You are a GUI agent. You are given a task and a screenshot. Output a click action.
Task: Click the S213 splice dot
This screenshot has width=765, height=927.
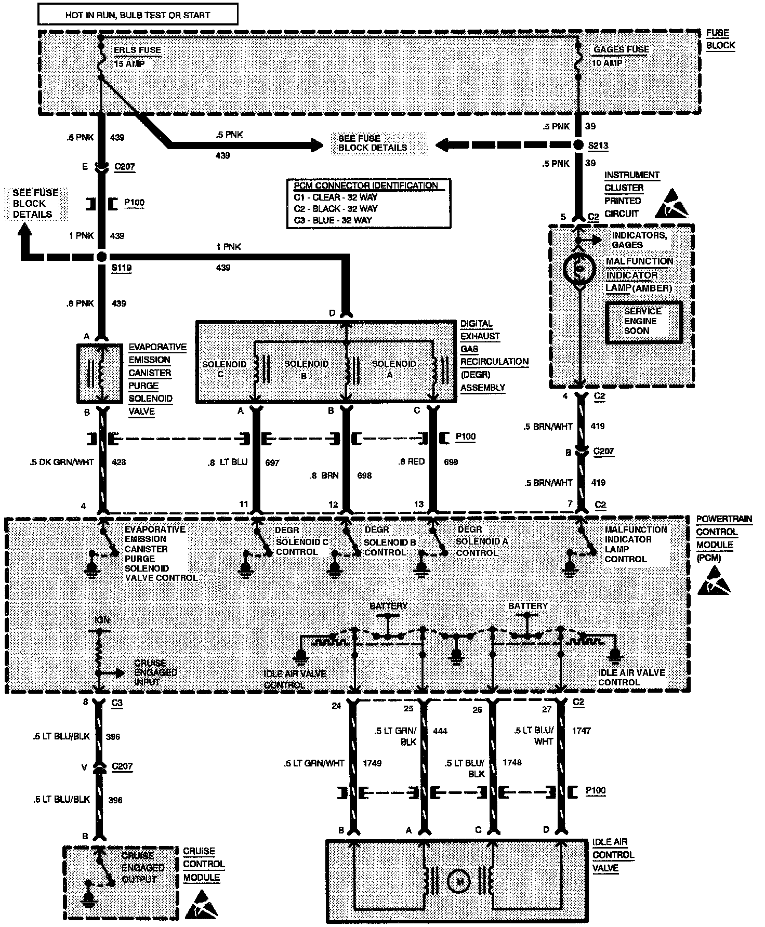point(579,145)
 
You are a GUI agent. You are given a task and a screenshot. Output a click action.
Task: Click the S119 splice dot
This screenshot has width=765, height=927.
point(102,257)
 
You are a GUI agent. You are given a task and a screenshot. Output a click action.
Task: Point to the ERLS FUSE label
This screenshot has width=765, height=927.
point(137,50)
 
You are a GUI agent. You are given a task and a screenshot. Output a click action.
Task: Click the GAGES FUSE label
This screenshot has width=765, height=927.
point(621,50)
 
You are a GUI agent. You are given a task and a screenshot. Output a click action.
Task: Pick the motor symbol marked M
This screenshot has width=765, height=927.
point(459,881)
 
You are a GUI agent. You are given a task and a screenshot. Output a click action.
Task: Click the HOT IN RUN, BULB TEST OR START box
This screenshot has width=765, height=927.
point(138,15)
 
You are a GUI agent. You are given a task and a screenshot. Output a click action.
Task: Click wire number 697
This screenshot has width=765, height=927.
point(272,462)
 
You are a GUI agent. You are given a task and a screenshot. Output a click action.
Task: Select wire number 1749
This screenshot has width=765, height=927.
point(372,763)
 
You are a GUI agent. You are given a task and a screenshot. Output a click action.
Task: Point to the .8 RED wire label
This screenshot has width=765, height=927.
point(412,461)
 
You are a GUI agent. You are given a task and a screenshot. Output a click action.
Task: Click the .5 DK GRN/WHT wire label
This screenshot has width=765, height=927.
point(62,462)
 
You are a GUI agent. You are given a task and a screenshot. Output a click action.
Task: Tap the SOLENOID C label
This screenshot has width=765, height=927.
point(224,368)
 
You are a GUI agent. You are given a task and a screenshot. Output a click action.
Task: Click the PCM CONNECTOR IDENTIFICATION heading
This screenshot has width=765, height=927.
point(366,186)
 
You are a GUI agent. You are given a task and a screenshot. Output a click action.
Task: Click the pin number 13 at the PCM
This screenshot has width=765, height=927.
point(419,504)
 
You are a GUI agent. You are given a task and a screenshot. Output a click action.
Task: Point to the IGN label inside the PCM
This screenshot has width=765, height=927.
point(102,620)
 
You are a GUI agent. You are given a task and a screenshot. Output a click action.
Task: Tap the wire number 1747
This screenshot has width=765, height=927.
point(581,731)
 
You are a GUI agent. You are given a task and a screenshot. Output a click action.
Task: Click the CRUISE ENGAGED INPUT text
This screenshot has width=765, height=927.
point(155,672)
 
